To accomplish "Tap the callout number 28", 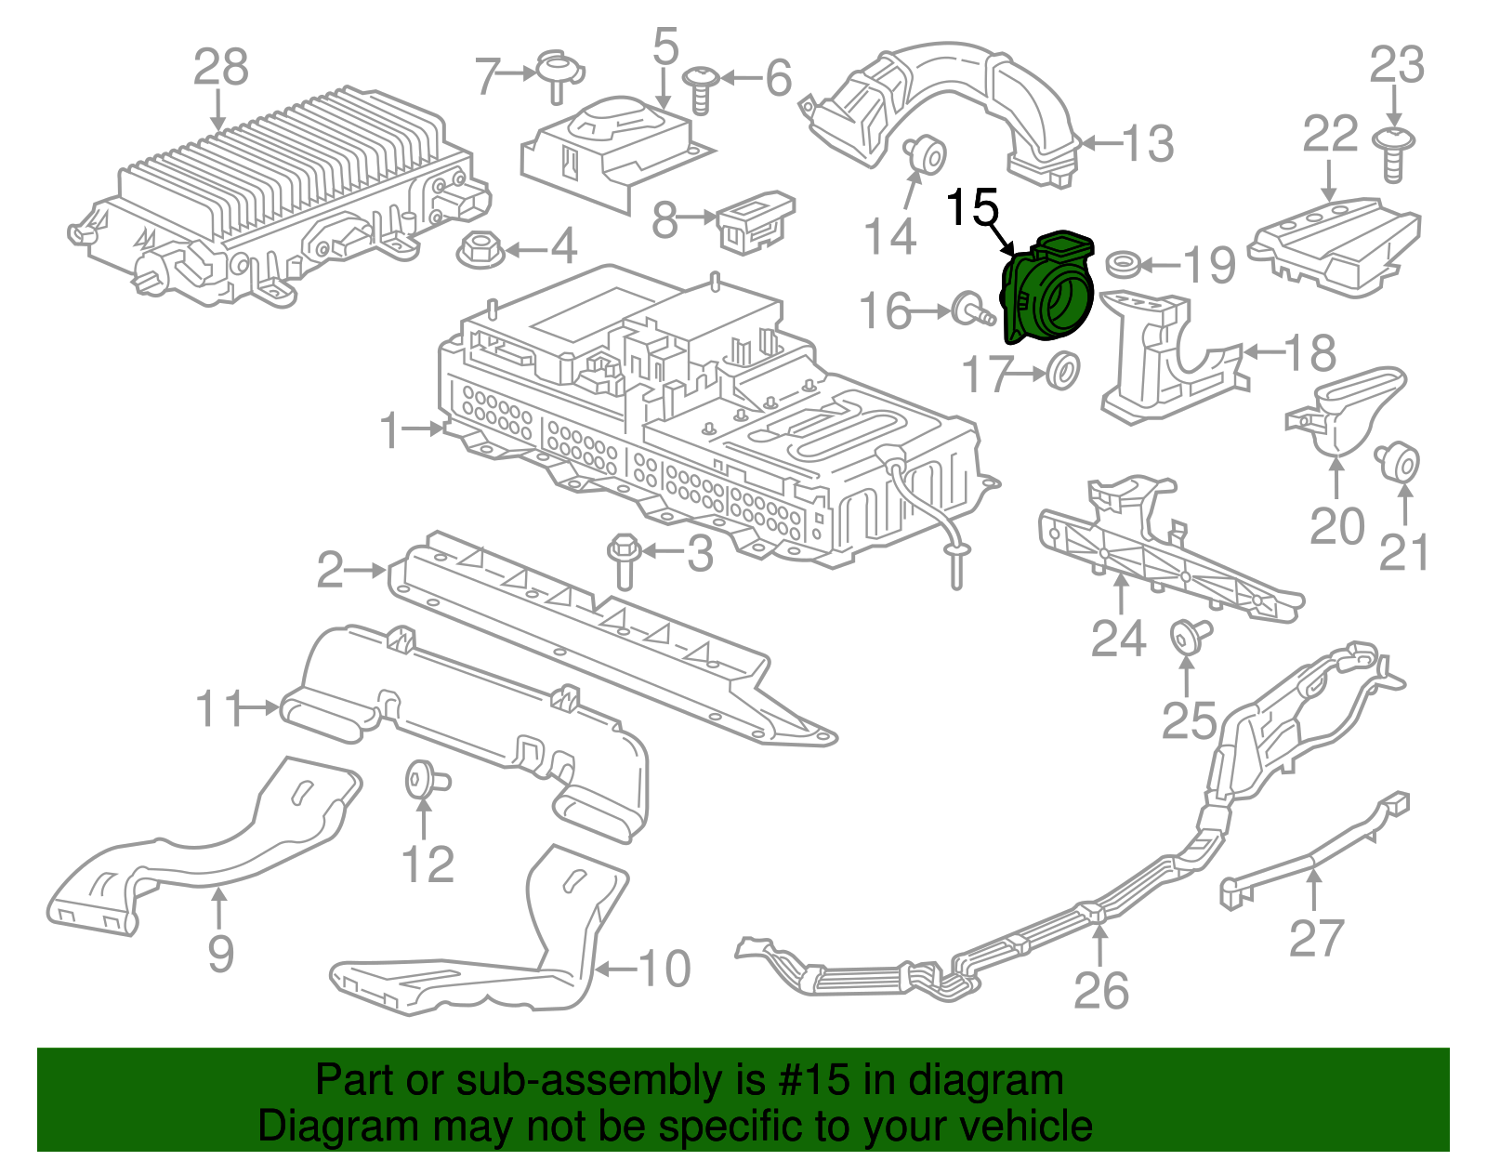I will [221, 67].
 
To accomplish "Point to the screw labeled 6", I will [702, 87].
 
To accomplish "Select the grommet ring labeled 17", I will [1062, 370].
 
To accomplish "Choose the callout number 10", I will [664, 969].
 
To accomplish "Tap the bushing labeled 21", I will [1398, 462].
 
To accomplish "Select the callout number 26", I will [1101, 991].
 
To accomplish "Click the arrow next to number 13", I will [1099, 144].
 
